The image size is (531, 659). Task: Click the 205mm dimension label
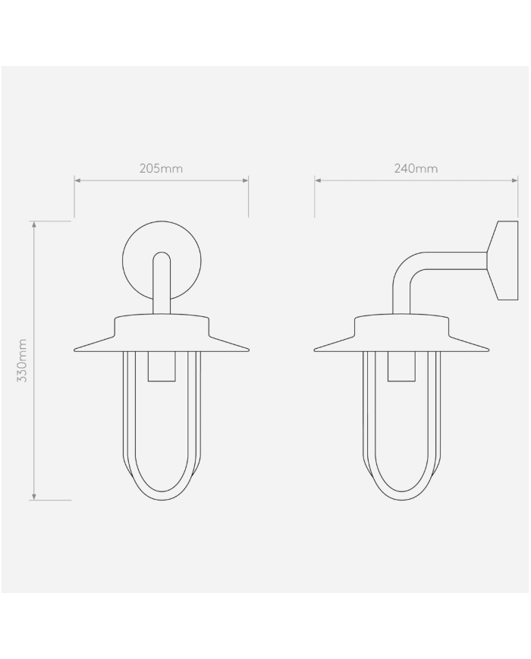point(161,168)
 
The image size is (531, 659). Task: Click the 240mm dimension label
point(416,168)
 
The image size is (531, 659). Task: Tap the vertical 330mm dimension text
point(22,360)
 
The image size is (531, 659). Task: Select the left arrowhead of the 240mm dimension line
point(317,180)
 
